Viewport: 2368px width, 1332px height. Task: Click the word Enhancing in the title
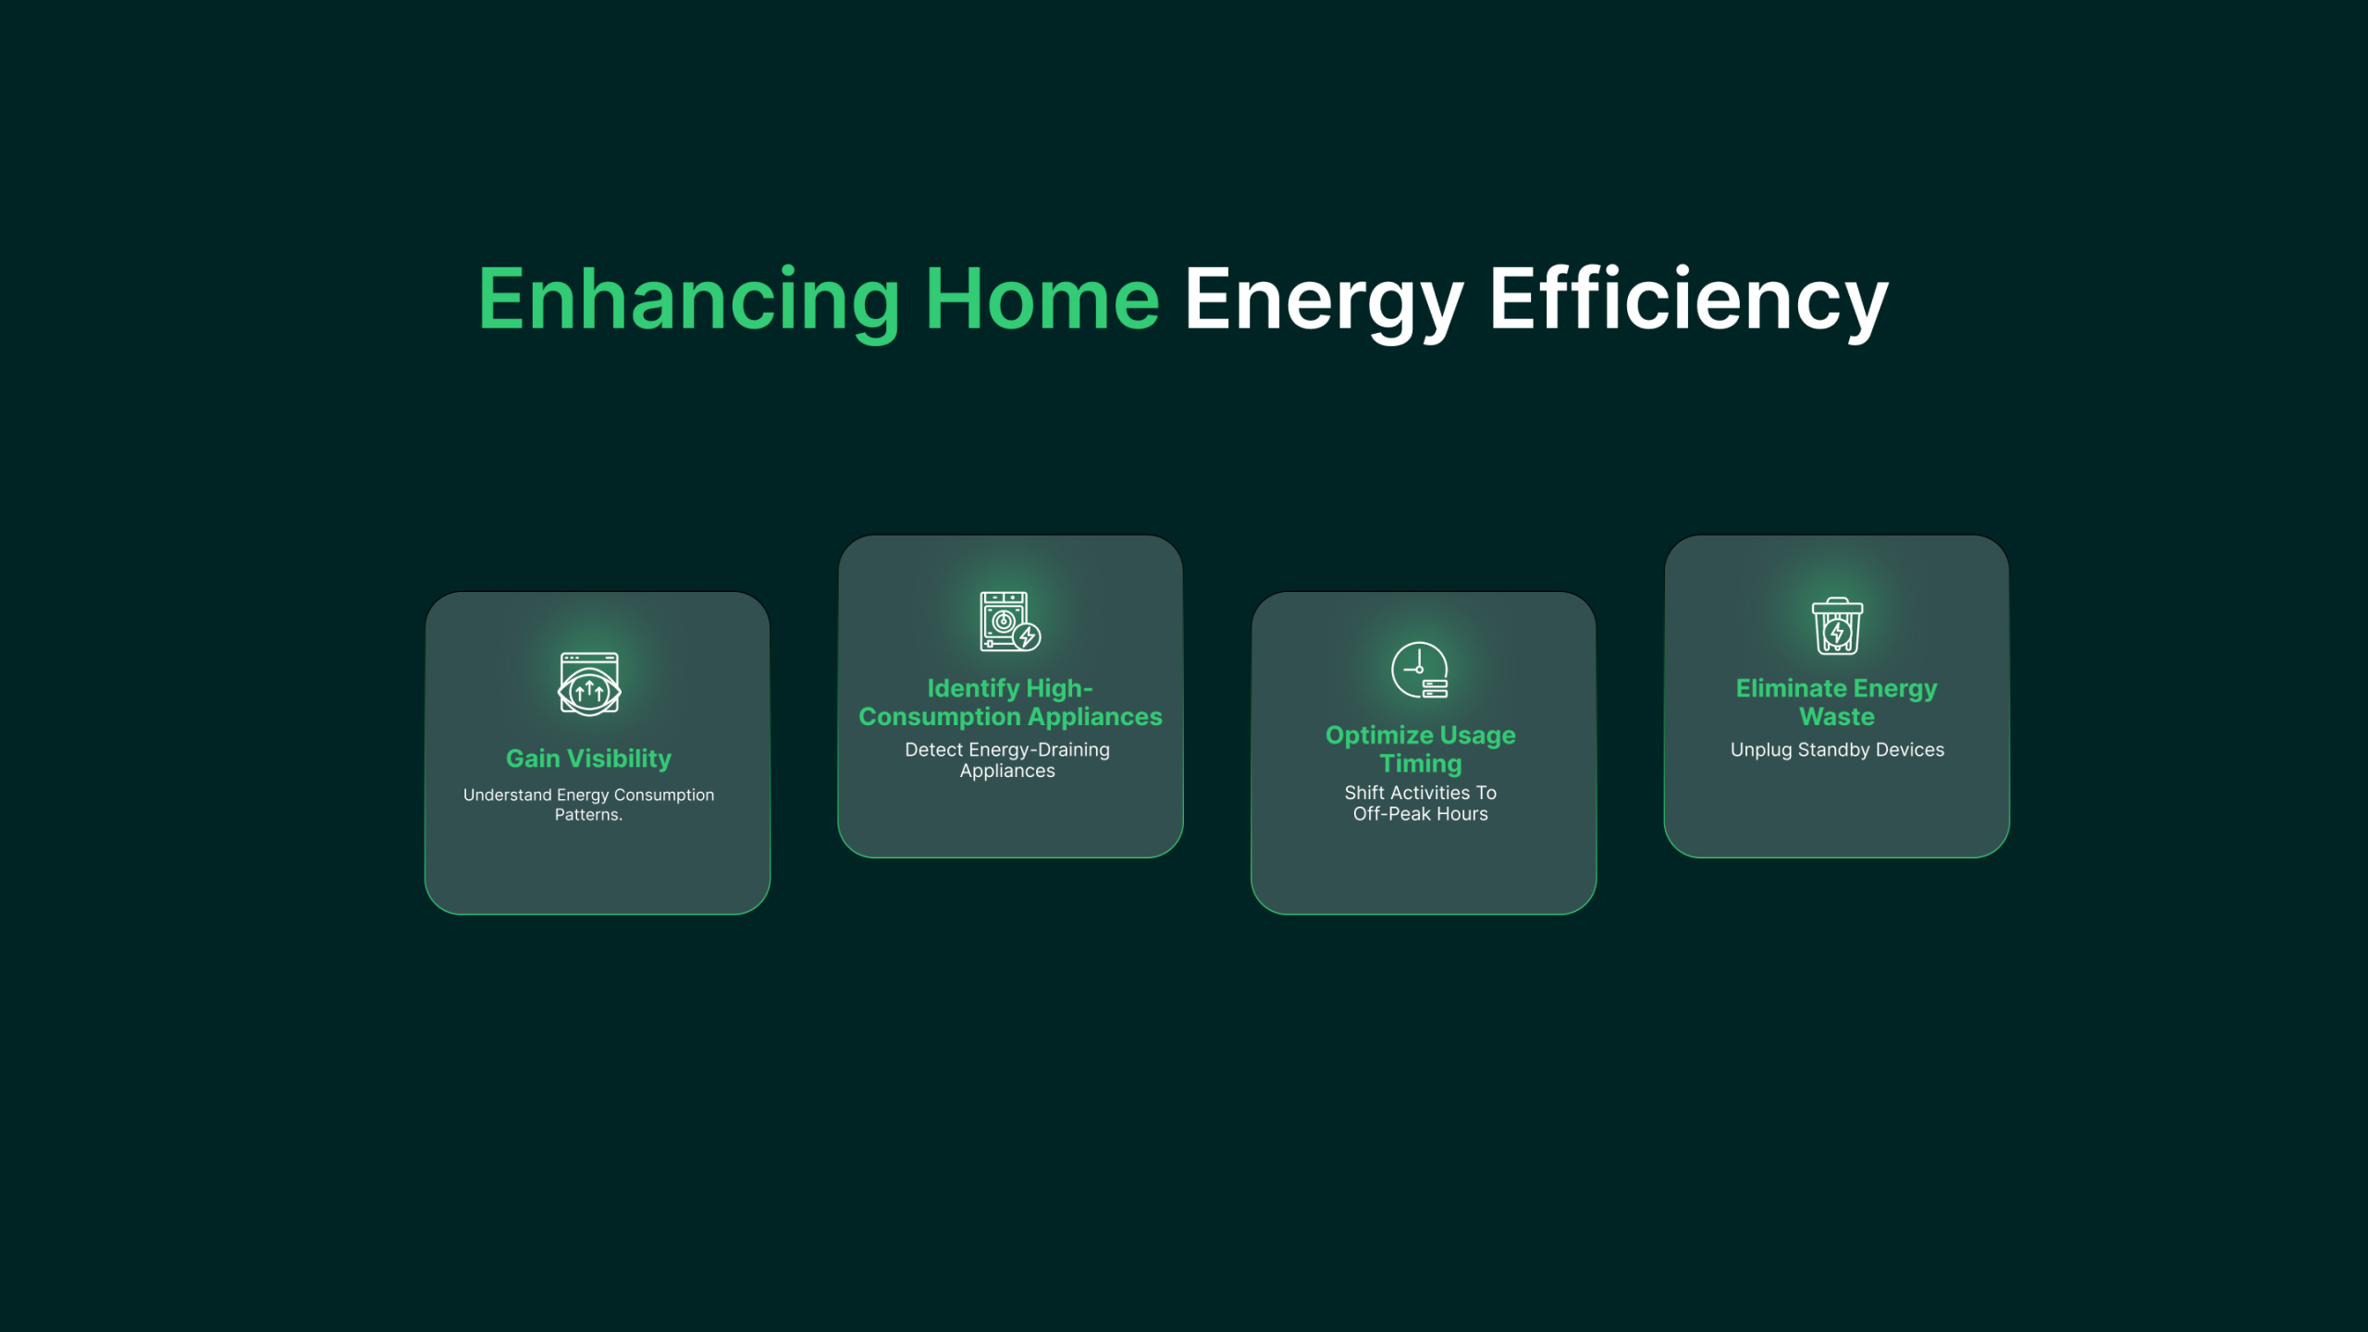pyautogui.click(x=689, y=301)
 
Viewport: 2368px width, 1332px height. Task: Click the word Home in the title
pyautogui.click(x=1042, y=299)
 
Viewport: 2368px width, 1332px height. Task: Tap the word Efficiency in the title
pyautogui.click(x=1688, y=301)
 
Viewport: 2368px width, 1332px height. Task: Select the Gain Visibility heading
pyautogui.click(x=588, y=758)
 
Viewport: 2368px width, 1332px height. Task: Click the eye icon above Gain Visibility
pyautogui.click(x=589, y=684)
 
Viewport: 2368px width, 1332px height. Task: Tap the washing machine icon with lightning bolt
pyautogui.click(x=1010, y=622)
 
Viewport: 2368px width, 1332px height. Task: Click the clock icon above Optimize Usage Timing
pyautogui.click(x=1420, y=670)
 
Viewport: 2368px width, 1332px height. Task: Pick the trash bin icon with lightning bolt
pyautogui.click(x=1837, y=626)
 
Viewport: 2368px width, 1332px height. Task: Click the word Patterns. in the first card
pyautogui.click(x=588, y=815)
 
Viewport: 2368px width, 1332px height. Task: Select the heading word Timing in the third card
pyautogui.click(x=1421, y=764)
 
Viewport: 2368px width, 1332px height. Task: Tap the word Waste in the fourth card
pyautogui.click(x=1837, y=717)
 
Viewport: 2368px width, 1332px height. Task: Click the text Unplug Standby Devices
pyautogui.click(x=1837, y=750)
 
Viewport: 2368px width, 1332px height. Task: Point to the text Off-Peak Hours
pyautogui.click(x=1421, y=814)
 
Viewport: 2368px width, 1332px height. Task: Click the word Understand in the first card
pyautogui.click(x=507, y=795)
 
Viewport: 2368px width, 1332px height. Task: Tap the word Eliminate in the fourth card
pyautogui.click(x=1791, y=688)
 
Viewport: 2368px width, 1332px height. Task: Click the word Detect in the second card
pyautogui.click(x=933, y=749)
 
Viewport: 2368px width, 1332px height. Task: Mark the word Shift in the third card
pyautogui.click(x=1364, y=793)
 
